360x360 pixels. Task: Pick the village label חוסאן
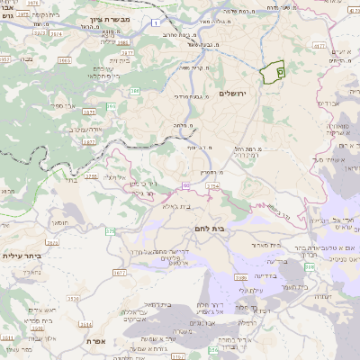coord(60,221)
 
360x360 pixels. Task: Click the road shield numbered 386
coord(134,91)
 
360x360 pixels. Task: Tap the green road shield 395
coord(112,107)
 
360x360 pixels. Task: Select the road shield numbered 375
coord(111,231)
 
